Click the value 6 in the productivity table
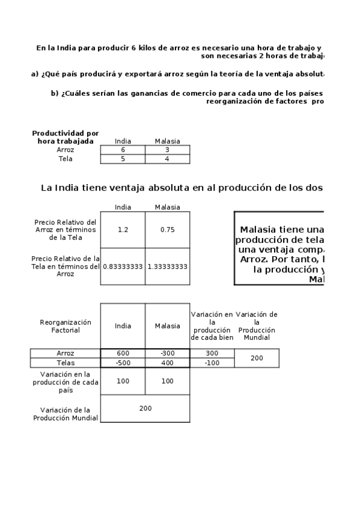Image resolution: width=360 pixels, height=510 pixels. tap(123, 150)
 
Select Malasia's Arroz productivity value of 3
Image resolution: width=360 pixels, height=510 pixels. tap(167, 150)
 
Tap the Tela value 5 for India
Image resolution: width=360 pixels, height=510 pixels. tap(123, 159)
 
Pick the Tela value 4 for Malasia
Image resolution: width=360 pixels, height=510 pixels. tap(167, 159)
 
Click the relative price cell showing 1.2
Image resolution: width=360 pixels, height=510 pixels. tap(123, 230)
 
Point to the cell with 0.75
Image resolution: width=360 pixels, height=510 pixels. tap(167, 230)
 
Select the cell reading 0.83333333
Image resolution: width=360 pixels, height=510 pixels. tap(123, 266)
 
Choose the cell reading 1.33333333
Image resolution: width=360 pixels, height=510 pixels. tap(167, 266)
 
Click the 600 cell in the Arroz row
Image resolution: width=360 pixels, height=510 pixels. tap(123, 354)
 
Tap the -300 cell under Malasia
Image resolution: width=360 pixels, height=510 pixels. tap(167, 354)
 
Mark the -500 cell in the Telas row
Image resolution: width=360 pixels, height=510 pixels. tap(123, 363)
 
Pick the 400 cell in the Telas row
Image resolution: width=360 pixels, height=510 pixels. tap(167, 363)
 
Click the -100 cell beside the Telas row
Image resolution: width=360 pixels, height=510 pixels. tap(212, 363)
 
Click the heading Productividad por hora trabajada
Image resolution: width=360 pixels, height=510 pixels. tap(65, 137)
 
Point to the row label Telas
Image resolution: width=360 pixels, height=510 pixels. tap(65, 363)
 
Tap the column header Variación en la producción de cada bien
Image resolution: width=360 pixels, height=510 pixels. tap(212, 326)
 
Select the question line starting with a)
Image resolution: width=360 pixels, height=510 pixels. tap(177, 74)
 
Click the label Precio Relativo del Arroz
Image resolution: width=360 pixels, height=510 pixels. tap(65, 230)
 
